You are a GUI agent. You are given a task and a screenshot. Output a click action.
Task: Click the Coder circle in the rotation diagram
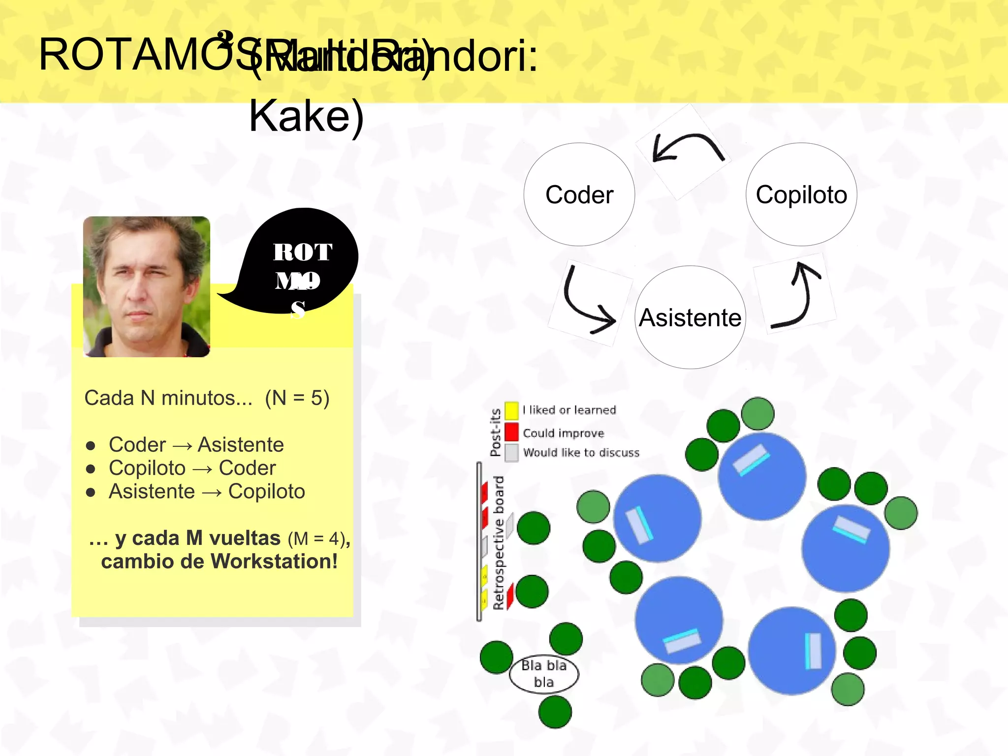579,194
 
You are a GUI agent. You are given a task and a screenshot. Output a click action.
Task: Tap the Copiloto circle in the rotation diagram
801,194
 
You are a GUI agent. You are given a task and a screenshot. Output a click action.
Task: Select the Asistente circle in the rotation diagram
690,317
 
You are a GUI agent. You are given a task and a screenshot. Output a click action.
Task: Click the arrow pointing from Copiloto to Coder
687,148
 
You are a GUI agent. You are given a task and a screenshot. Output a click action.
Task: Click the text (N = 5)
297,398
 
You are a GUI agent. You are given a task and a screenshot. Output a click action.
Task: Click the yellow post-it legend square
512,410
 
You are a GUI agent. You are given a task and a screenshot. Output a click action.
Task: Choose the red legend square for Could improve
512,432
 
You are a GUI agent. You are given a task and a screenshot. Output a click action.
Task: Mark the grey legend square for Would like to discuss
512,452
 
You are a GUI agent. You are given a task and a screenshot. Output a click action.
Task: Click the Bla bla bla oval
544,674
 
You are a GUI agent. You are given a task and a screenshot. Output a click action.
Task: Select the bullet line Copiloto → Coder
192,468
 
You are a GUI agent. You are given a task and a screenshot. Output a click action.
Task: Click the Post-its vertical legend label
495,432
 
